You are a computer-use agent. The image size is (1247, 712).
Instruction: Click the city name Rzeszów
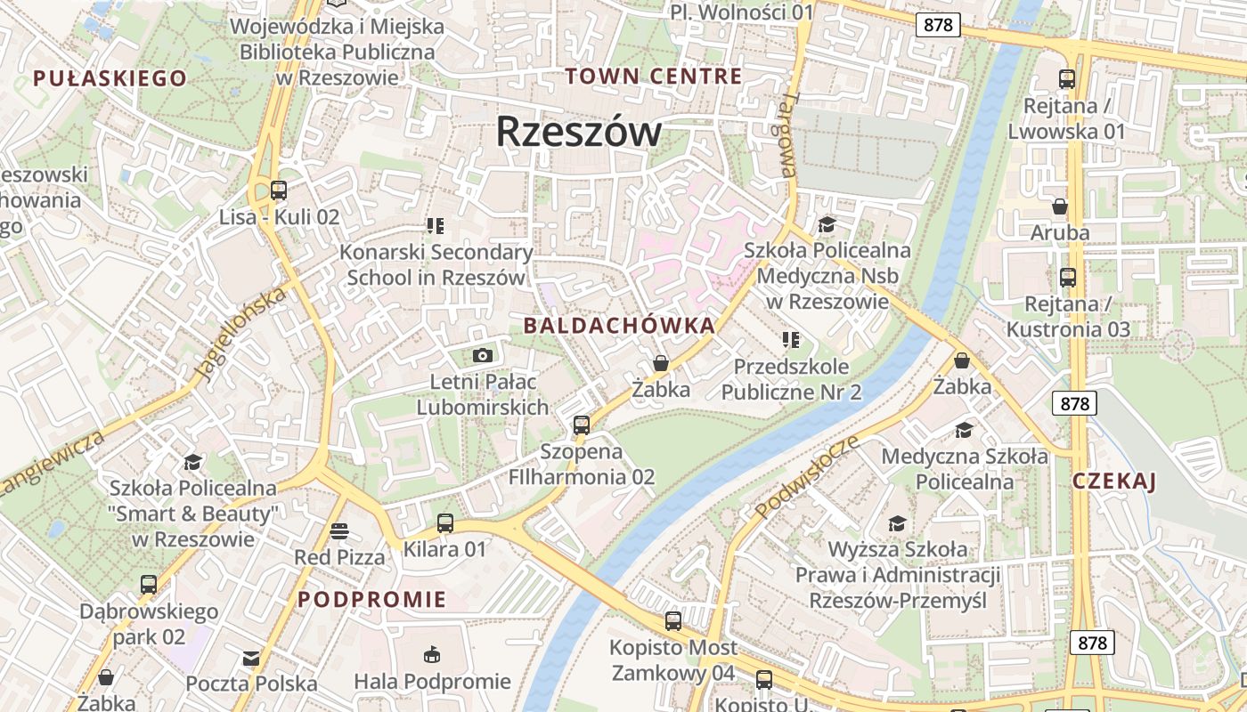click(579, 132)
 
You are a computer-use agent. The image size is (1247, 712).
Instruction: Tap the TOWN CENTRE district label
click(653, 77)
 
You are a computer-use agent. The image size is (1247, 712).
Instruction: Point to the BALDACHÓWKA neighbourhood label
click(619, 326)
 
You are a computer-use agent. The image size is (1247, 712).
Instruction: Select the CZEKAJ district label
click(1113, 482)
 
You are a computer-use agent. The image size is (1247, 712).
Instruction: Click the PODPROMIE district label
click(371, 600)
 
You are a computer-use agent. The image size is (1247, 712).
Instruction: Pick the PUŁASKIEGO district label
click(110, 78)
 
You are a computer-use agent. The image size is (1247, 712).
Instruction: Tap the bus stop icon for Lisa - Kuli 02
click(279, 190)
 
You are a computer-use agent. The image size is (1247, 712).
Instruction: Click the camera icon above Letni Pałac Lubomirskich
click(482, 355)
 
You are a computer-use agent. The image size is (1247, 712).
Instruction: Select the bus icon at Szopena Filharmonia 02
click(582, 425)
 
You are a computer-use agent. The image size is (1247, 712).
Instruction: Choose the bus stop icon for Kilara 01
click(445, 523)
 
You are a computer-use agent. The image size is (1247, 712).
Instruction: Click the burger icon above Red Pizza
click(339, 531)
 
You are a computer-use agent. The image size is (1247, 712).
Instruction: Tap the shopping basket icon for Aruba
click(1060, 206)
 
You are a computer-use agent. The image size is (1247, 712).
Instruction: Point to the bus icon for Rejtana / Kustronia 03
click(1067, 277)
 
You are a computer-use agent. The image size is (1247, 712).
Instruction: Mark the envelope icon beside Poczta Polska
click(251, 659)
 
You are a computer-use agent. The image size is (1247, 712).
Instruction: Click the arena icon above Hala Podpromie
click(432, 655)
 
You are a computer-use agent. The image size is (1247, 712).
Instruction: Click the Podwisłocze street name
click(807, 477)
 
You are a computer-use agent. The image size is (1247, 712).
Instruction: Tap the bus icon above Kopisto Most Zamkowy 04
click(673, 620)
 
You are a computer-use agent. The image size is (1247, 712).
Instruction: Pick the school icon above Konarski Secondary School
click(435, 226)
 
